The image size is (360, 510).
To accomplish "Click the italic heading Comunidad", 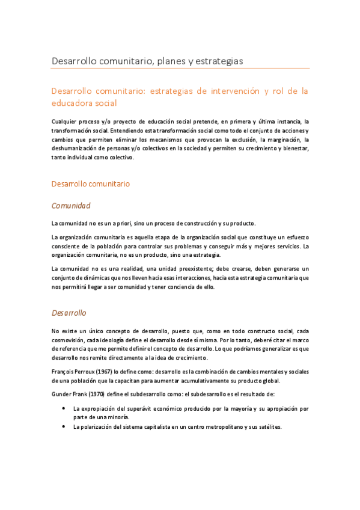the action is click(x=71, y=206).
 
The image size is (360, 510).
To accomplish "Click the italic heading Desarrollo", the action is click(x=69, y=313).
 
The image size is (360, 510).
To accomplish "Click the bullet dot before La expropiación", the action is click(x=64, y=408).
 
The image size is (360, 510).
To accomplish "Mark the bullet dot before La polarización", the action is click(x=64, y=427).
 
